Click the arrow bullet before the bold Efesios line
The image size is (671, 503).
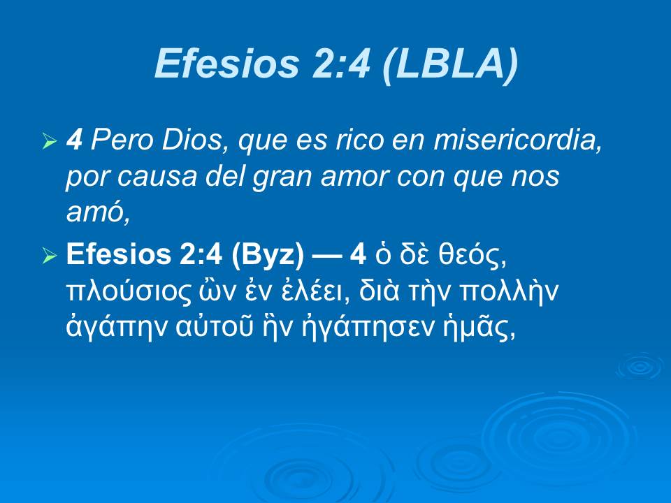[x=48, y=257]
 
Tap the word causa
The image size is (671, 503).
[x=154, y=177]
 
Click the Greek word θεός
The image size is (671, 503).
[x=470, y=256]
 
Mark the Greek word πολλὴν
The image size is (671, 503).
[x=517, y=292]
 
